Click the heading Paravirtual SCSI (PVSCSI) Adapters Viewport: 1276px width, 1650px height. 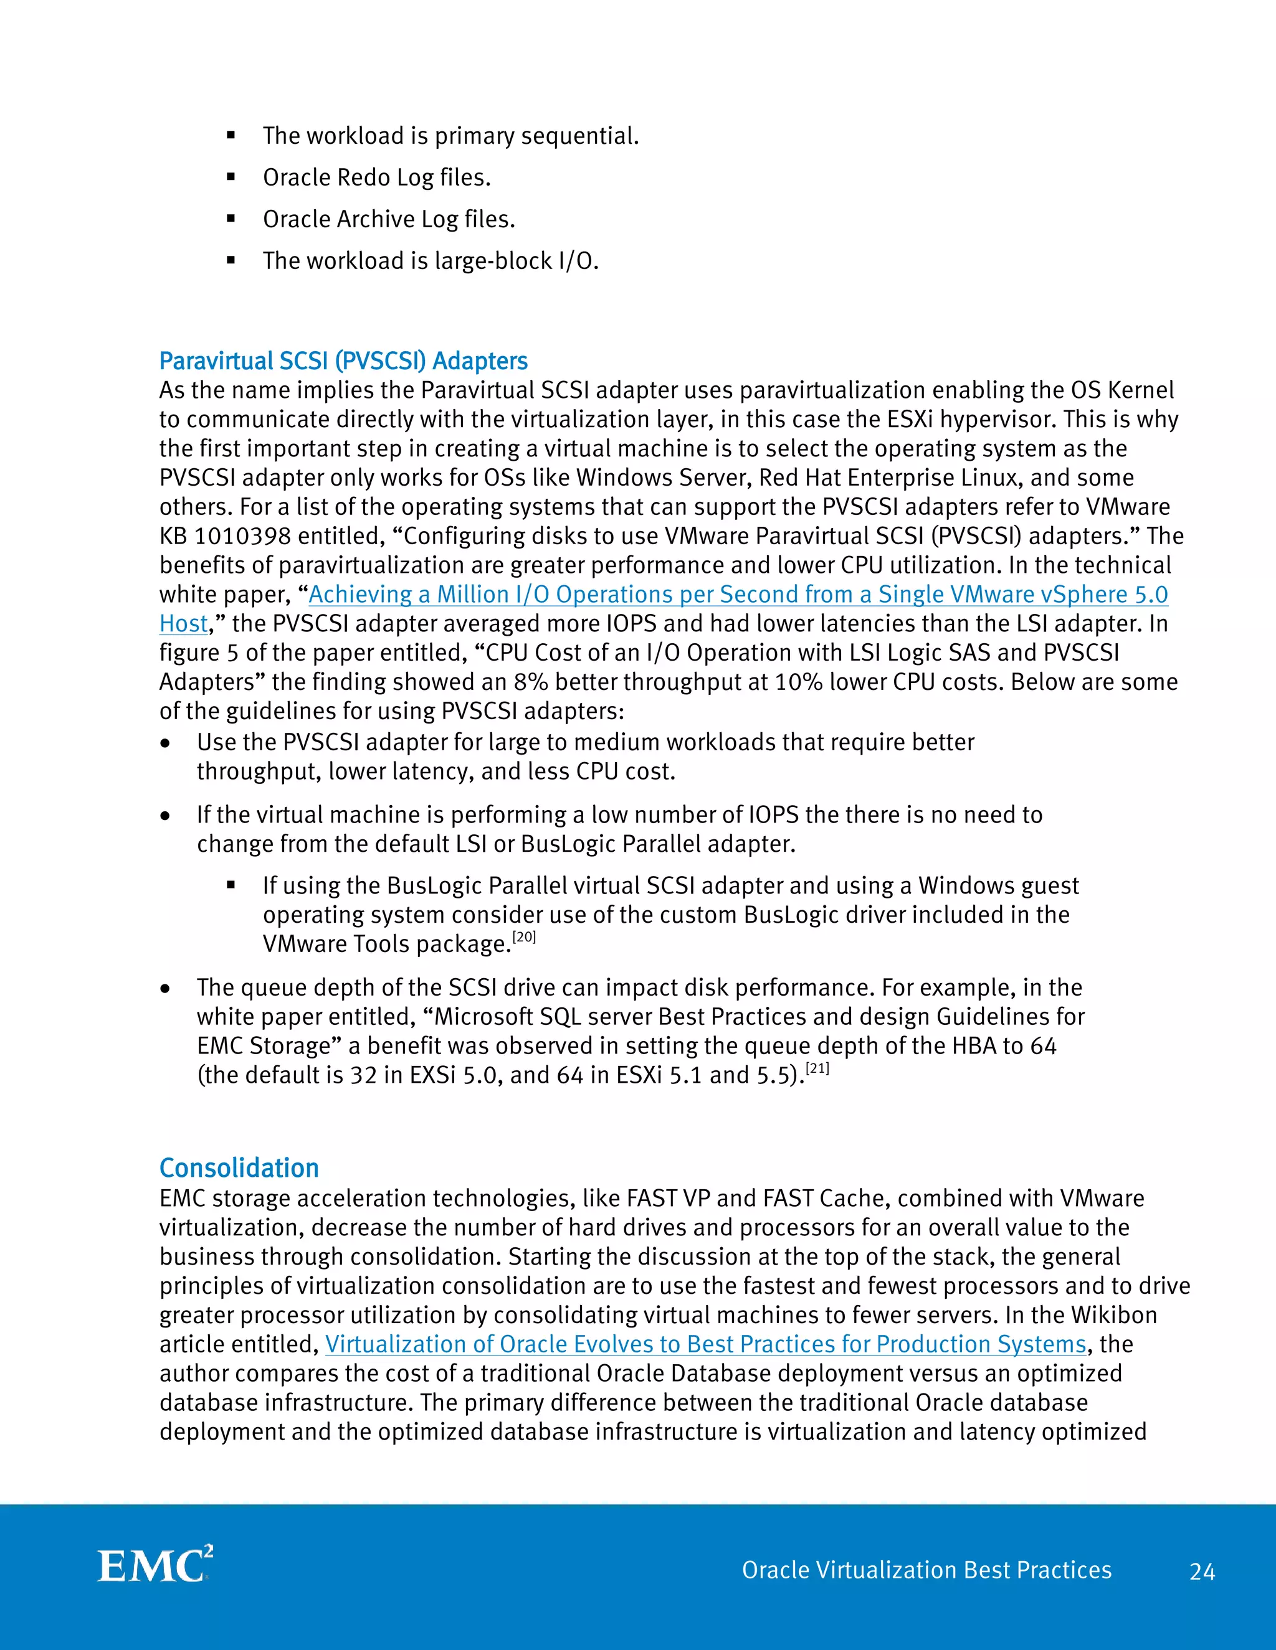click(x=343, y=361)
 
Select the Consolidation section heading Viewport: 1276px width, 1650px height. click(x=239, y=1168)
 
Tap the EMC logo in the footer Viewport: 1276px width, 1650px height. click(x=156, y=1565)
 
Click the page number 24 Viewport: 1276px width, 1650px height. click(x=1202, y=1572)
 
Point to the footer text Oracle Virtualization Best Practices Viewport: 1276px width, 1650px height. click(x=926, y=1570)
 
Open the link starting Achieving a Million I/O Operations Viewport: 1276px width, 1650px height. click(x=738, y=595)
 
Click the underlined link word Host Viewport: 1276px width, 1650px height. click(x=183, y=624)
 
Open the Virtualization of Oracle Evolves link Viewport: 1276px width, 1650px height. click(x=705, y=1344)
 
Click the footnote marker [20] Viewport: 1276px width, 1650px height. click(x=524, y=937)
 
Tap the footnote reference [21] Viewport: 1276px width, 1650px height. click(x=817, y=1067)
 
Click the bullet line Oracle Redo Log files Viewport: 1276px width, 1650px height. click(x=376, y=177)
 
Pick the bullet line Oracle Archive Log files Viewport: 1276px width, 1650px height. click(x=389, y=219)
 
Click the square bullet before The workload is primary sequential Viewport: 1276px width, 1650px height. click(x=231, y=136)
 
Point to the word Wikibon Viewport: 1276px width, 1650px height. click(x=1113, y=1315)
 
